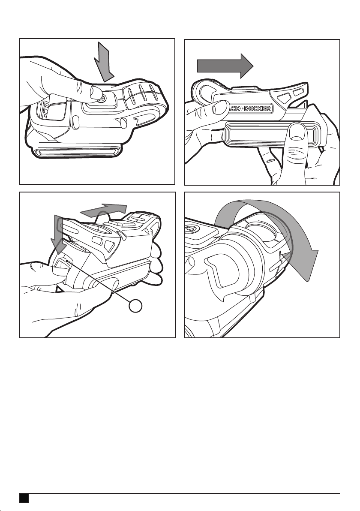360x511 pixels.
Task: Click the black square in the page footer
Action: coord(24,498)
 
